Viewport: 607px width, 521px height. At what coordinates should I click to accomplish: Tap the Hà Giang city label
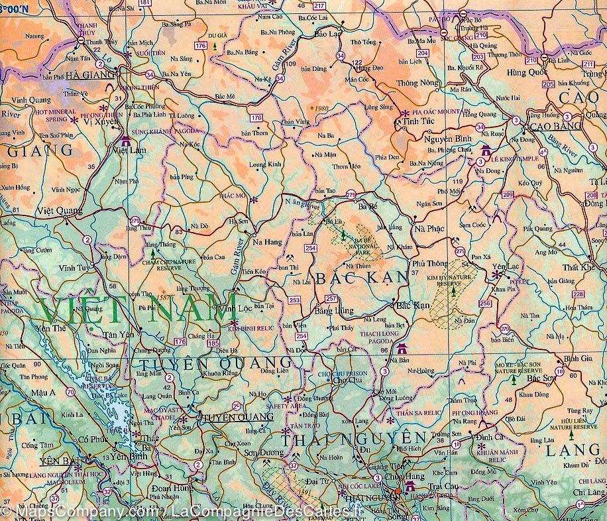click(x=90, y=76)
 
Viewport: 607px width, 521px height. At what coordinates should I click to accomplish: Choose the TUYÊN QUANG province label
click(x=216, y=362)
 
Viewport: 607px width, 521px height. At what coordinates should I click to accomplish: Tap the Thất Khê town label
click(x=575, y=267)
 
